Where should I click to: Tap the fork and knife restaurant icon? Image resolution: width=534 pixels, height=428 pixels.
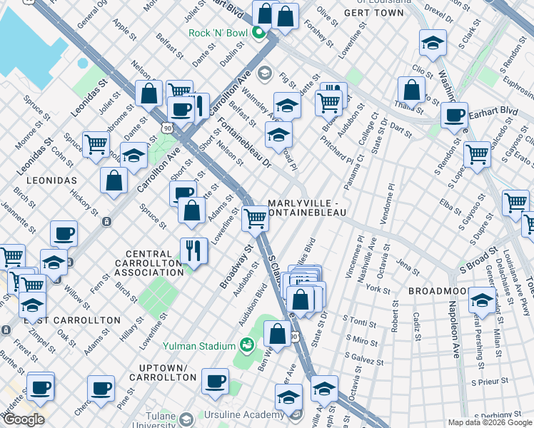[193, 250]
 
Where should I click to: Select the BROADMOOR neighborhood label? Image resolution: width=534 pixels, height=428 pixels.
[438, 292]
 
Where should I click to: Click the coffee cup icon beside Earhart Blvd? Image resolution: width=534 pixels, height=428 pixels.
[454, 115]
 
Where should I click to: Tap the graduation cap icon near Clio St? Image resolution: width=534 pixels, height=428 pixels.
[433, 42]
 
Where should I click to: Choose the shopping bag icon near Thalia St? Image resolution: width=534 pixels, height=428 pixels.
[411, 90]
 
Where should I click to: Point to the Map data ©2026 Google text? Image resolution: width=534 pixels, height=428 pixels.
[489, 422]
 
